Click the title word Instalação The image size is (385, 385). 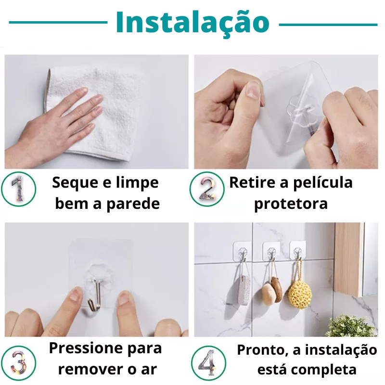pyautogui.click(x=192, y=23)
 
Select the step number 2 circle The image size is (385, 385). pyautogui.click(x=207, y=189)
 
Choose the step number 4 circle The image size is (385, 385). pyautogui.click(x=208, y=363)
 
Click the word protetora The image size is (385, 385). pyautogui.click(x=291, y=204)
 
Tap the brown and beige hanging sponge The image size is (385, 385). pyautogui.click(x=272, y=290)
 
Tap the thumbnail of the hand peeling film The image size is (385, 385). pyautogui.click(x=286, y=112)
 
